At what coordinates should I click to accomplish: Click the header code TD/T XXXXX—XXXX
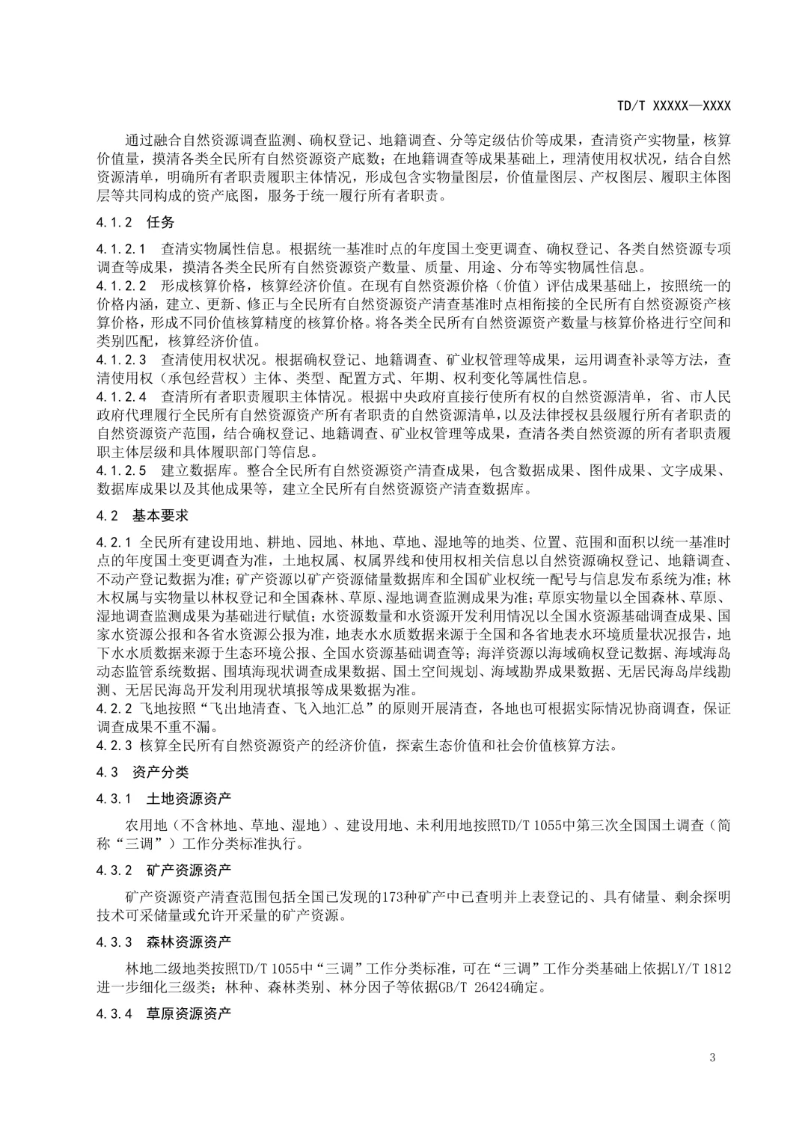pos(673,106)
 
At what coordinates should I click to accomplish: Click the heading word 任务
pos(160,222)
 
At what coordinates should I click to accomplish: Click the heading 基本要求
pos(160,515)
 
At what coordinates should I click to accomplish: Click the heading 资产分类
pos(160,772)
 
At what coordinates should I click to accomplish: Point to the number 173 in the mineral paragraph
pos(394,897)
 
